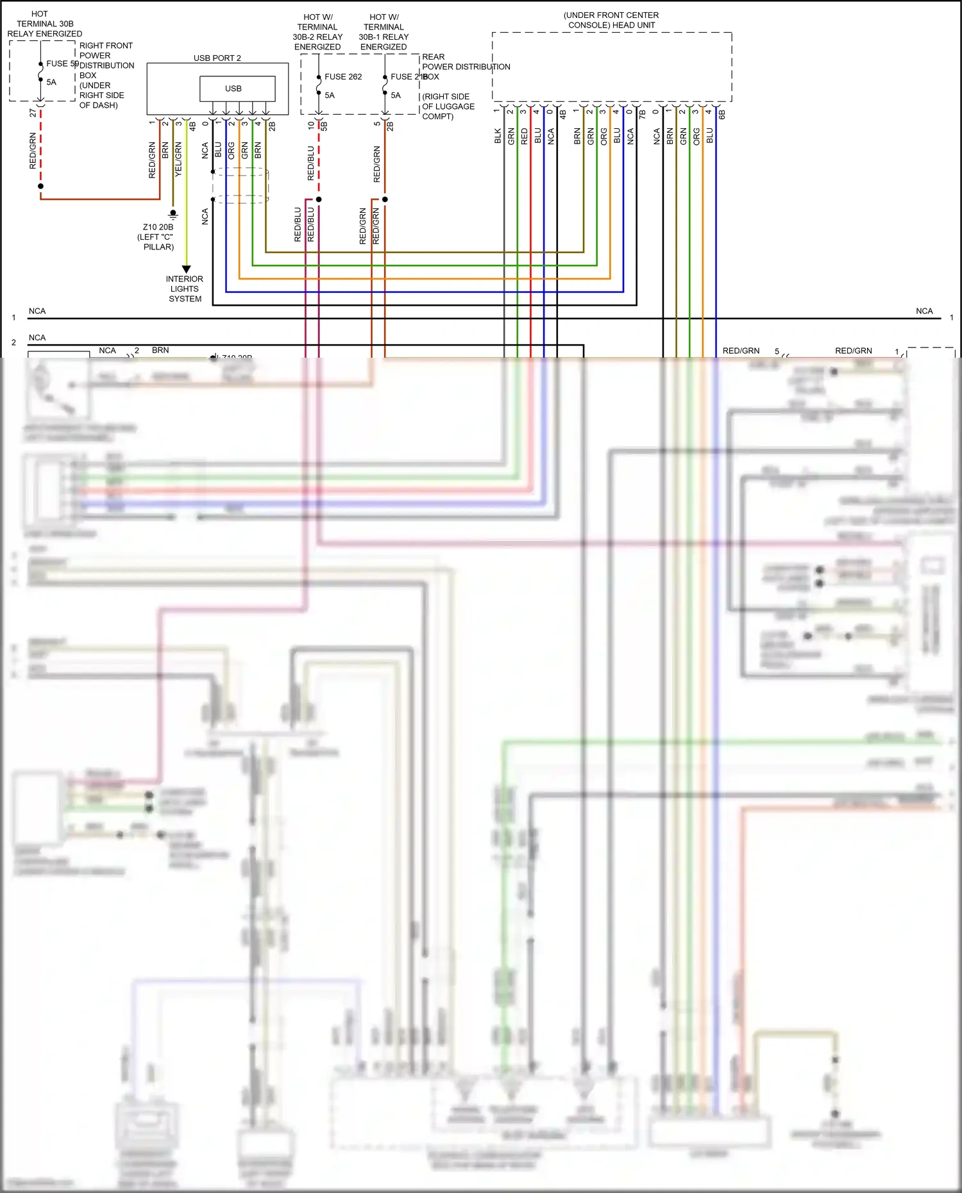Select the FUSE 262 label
coord(342,76)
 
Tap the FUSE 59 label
coord(62,63)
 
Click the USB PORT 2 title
coord(217,58)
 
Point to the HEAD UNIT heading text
coord(611,20)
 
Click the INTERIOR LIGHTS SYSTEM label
coord(185,288)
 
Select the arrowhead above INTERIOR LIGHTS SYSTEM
coord(186,269)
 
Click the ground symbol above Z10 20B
coord(173,214)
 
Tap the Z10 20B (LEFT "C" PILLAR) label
coord(158,237)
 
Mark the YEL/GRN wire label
coord(178,160)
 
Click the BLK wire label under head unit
coord(498,136)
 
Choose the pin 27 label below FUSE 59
coord(33,113)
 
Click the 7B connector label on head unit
coord(642,114)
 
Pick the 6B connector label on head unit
coord(721,114)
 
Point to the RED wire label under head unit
coord(524,136)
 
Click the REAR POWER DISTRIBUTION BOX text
coord(465,67)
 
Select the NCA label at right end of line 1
coord(924,311)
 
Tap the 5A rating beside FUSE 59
coord(51,82)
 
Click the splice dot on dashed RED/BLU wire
coord(319,199)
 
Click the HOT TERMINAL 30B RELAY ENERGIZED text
coord(44,24)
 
